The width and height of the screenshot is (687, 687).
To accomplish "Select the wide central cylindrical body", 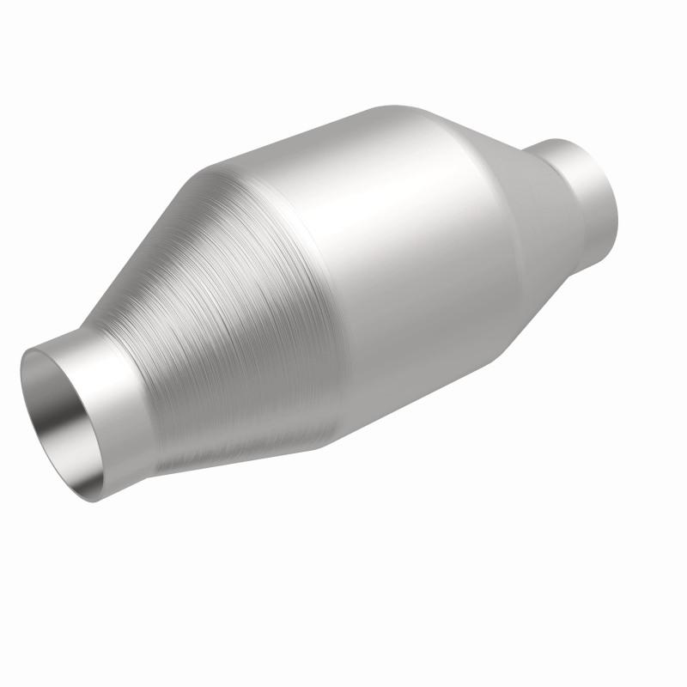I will point(386,258).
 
